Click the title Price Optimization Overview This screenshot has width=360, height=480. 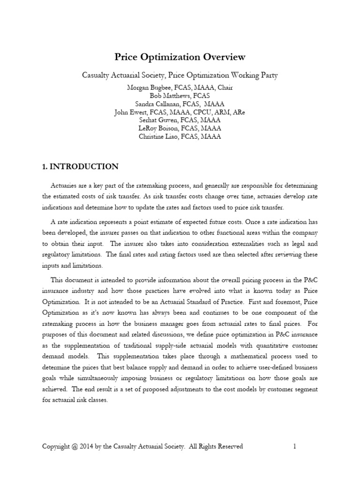pyautogui.click(x=180, y=57)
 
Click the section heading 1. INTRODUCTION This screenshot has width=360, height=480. pyautogui.click(x=80, y=167)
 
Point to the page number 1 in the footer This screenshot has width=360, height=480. pyautogui.click(x=294, y=447)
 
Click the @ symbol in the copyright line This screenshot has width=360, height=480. pyautogui.click(x=75, y=447)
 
